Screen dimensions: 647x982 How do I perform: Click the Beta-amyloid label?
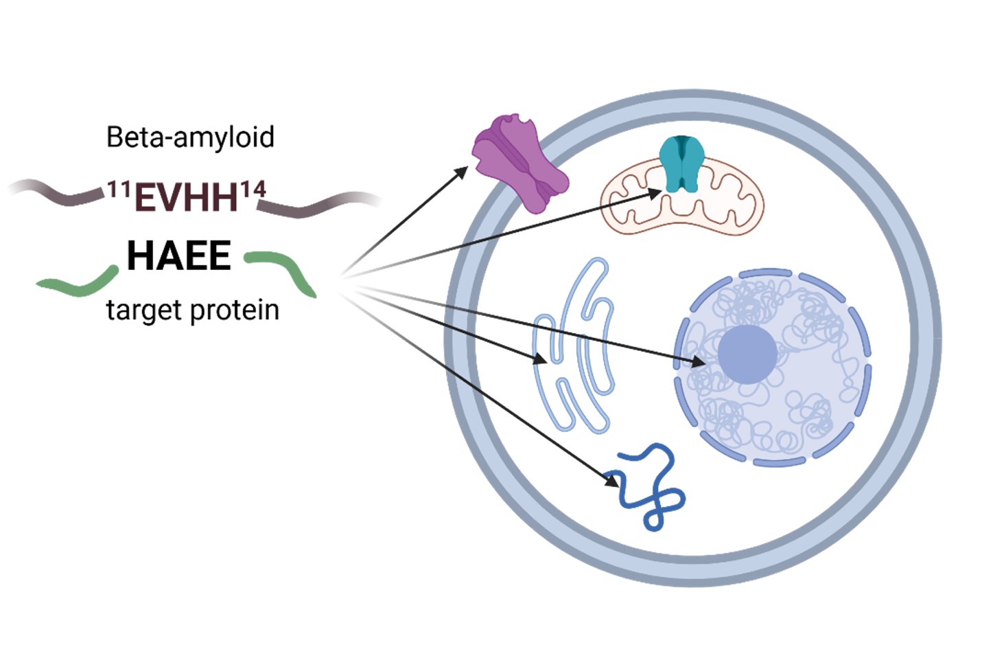click(x=190, y=137)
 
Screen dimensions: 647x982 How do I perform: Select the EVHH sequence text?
click(x=186, y=198)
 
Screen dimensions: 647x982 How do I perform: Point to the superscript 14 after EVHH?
click(x=252, y=190)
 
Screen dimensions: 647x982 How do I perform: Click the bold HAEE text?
click(x=179, y=256)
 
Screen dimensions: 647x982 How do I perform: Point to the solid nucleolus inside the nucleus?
click(x=747, y=354)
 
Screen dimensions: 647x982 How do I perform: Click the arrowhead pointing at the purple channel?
click(x=462, y=171)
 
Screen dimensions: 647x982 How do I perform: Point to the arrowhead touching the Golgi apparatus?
click(x=541, y=359)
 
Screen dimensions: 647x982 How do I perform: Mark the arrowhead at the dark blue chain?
click(x=611, y=480)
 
